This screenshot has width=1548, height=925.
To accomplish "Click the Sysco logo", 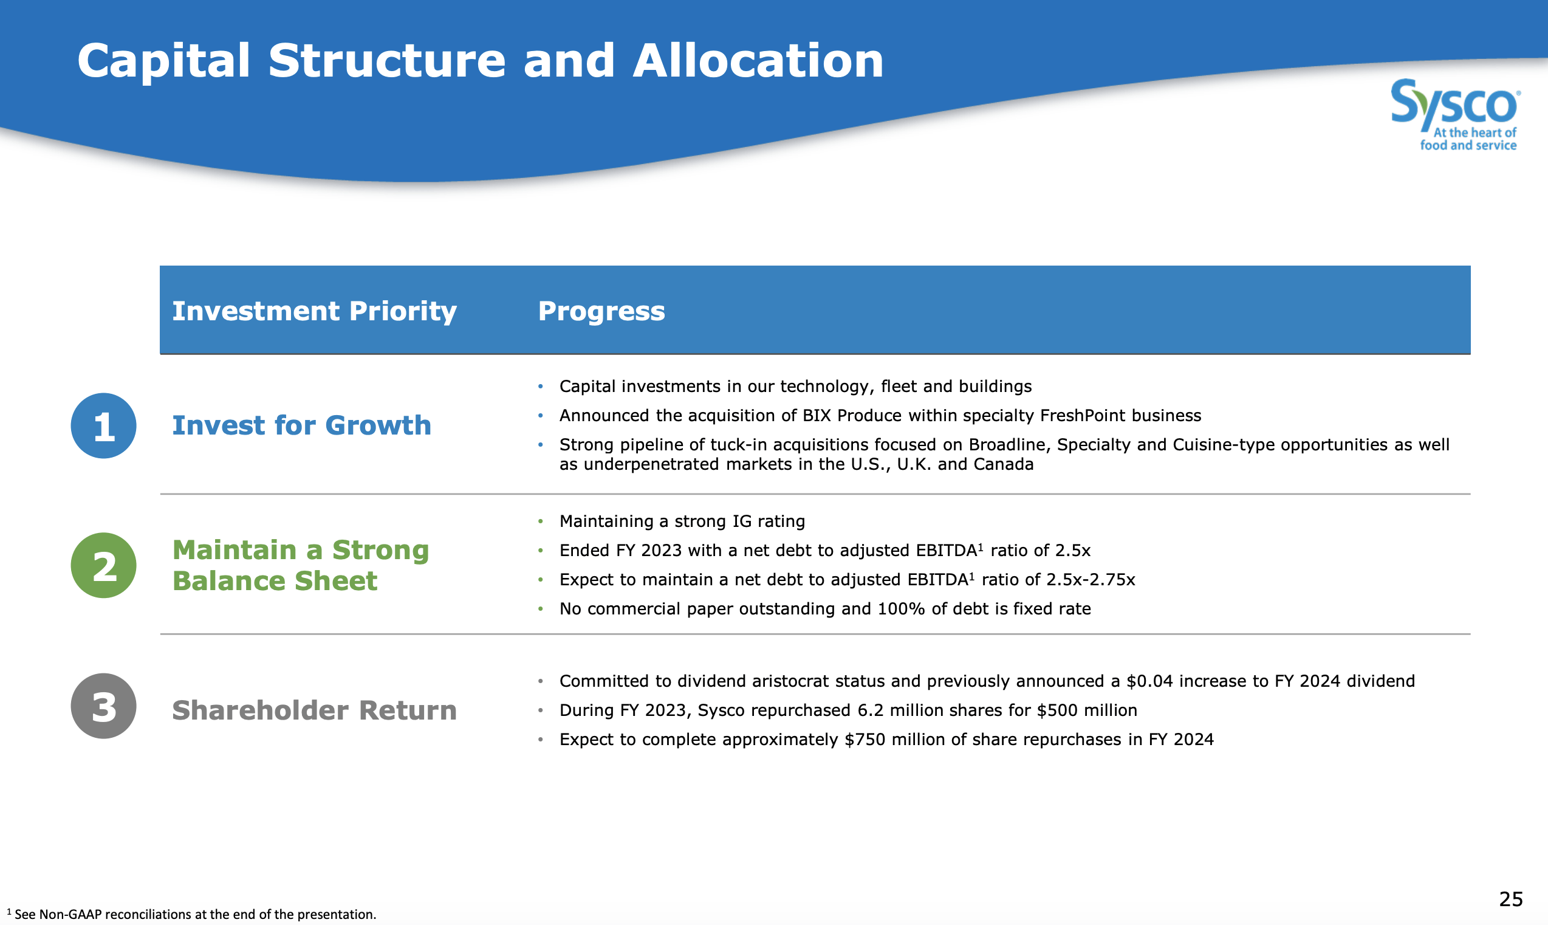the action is (1455, 115).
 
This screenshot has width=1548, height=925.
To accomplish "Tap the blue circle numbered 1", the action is (103, 425).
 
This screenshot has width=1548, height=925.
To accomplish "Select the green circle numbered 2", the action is (103, 565).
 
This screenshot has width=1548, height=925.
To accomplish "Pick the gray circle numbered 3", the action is (103, 706).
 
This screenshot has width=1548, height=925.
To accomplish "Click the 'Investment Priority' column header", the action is (314, 311).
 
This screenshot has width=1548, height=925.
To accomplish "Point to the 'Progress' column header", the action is (601, 311).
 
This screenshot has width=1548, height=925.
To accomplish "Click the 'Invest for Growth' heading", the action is (301, 425).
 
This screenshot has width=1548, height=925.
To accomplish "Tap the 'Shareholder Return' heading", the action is (314, 710).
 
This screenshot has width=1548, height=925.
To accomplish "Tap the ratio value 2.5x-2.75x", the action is (1091, 580).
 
